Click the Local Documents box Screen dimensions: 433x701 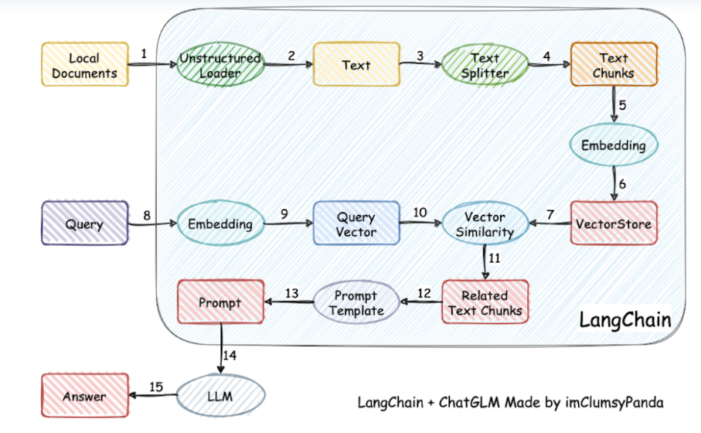click(x=85, y=65)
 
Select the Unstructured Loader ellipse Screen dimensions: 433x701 click(x=220, y=65)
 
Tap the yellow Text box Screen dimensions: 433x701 click(x=356, y=65)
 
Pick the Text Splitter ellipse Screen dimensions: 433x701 click(x=485, y=65)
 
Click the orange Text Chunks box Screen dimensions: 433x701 click(x=614, y=65)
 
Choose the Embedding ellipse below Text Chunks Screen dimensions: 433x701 click(x=615, y=145)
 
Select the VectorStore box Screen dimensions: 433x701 click(x=614, y=223)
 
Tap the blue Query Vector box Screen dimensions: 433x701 click(x=356, y=223)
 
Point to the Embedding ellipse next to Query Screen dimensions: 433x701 click(x=220, y=224)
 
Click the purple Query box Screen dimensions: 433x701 click(x=85, y=224)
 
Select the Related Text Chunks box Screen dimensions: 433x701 click(x=485, y=302)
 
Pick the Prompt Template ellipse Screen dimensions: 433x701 click(x=356, y=302)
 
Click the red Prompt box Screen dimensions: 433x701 click(x=220, y=302)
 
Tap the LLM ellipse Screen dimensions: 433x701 click(x=220, y=396)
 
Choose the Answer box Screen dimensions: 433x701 click(x=85, y=397)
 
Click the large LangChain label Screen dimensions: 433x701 click(x=625, y=319)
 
